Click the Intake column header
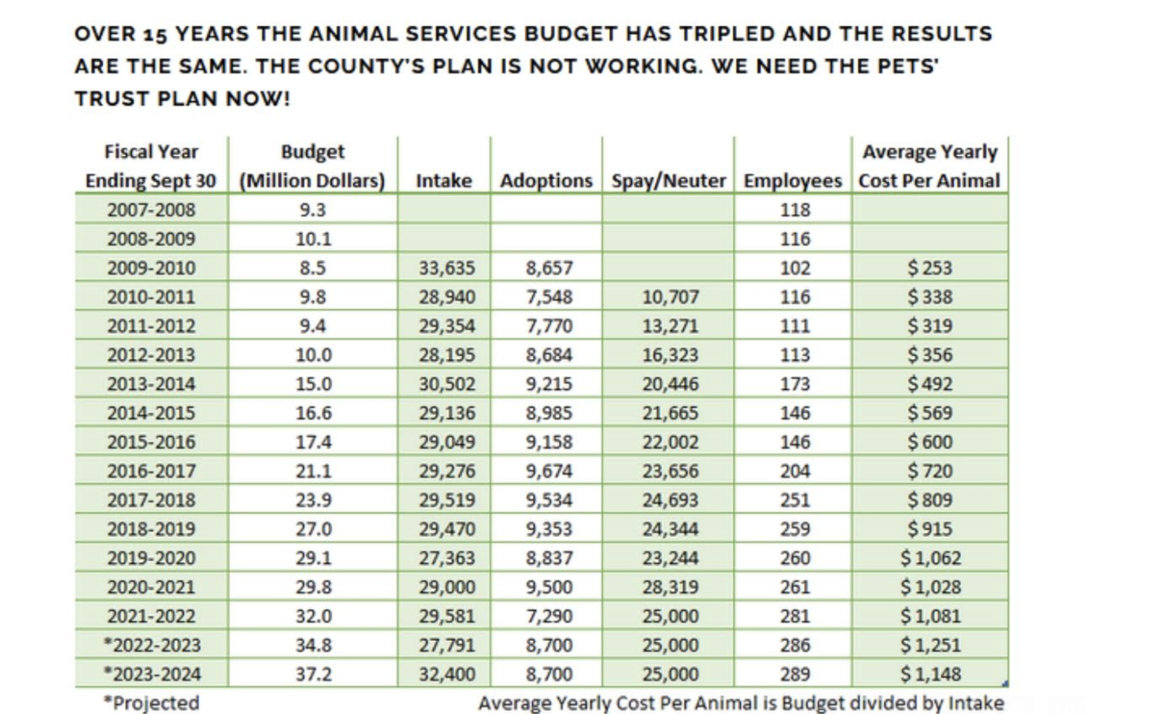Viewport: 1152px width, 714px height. (444, 181)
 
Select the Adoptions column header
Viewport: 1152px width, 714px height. (546, 181)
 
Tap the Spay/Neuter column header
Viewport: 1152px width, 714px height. (668, 181)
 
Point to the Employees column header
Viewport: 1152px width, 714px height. (792, 181)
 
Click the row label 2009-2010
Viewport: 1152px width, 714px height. (151, 267)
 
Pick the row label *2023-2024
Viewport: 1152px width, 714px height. (152, 674)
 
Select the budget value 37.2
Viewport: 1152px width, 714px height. (313, 674)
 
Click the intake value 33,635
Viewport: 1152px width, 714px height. (447, 267)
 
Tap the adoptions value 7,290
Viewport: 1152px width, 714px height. (549, 616)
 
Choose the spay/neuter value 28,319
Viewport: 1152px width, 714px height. (670, 586)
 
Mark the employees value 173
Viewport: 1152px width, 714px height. (795, 384)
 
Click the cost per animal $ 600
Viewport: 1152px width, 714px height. (930, 442)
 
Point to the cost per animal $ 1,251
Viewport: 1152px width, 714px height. (930, 645)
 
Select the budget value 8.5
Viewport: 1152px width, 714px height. (313, 267)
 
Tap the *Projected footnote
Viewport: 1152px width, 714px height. (151, 703)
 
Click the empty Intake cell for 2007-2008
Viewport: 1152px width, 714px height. (444, 210)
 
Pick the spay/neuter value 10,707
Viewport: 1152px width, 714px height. (670, 297)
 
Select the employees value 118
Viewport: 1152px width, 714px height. (795, 210)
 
